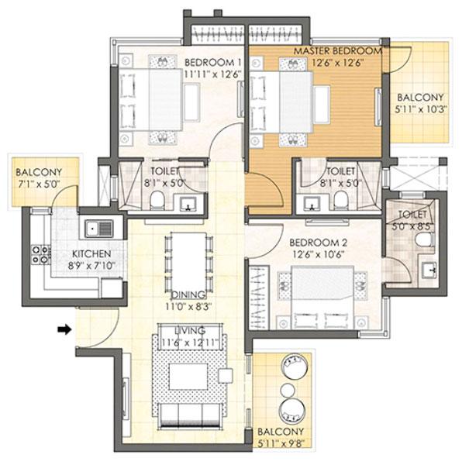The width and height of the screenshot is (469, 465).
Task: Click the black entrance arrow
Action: click(x=65, y=329)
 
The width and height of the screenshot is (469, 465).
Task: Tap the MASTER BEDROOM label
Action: click(x=338, y=51)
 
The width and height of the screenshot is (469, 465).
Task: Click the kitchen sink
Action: click(x=100, y=229)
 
